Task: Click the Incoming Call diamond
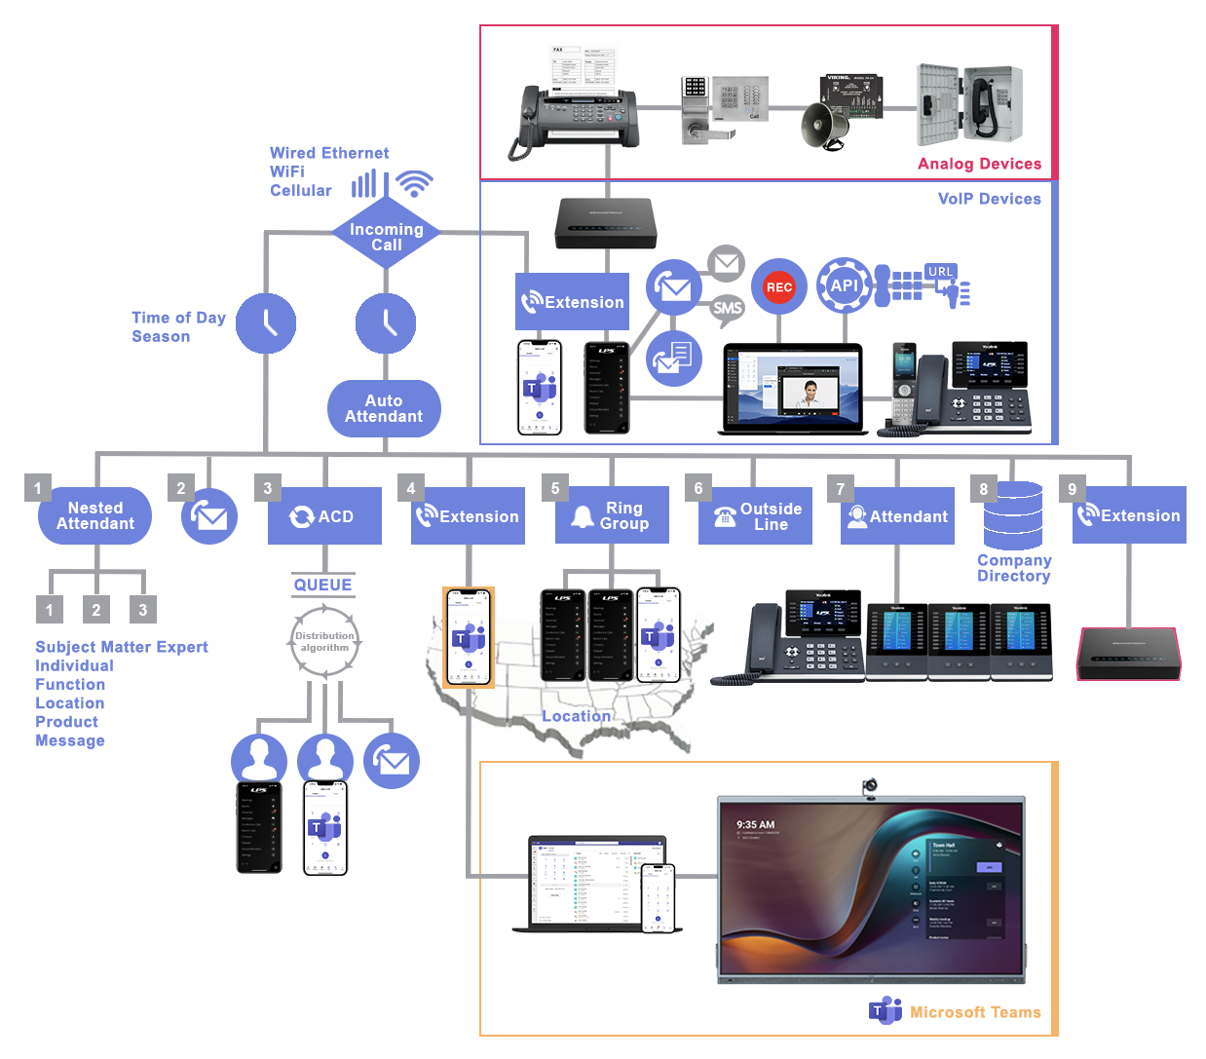coord(386,237)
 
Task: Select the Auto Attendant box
coord(384,408)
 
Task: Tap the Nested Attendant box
coord(95,515)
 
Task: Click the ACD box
coord(324,516)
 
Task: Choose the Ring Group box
coord(612,515)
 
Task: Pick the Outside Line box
coord(756,516)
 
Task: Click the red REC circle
coord(778,286)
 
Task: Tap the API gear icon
coord(844,285)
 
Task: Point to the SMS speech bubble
coord(727,309)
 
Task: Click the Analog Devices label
coord(979,164)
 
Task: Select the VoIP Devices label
coord(989,199)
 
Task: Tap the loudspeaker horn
coord(824,127)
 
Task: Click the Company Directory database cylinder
coord(1013,515)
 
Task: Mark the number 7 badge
coord(841,488)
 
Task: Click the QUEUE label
coord(323,585)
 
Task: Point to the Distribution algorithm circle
coord(324,641)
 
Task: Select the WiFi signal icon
coord(415,183)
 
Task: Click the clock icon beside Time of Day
coord(266,323)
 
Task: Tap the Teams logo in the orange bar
coord(885,1011)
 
